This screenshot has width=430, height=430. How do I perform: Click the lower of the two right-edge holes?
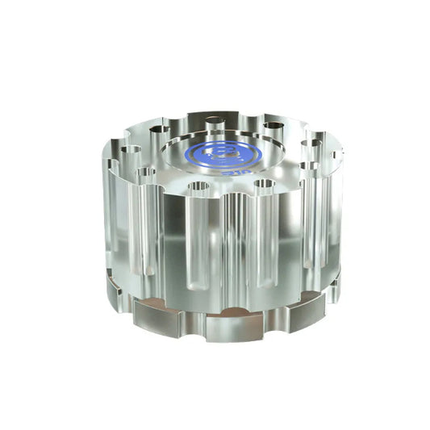pyautogui.click(x=311, y=166)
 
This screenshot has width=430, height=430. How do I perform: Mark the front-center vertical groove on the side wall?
pyautogui.click(x=230, y=242)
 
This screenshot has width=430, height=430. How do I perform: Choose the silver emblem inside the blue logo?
pyautogui.click(x=223, y=152)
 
